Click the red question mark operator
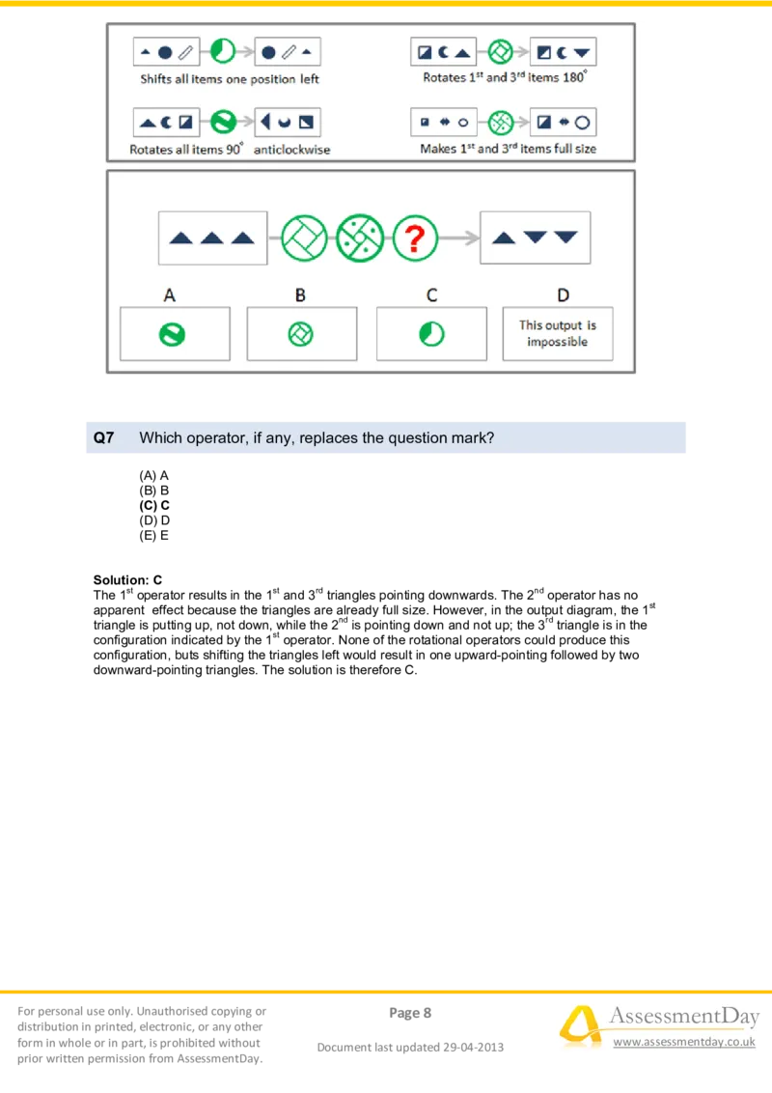pyautogui.click(x=415, y=238)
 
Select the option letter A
pyautogui.click(x=170, y=294)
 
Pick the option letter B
pyautogui.click(x=300, y=294)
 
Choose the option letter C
pyautogui.click(x=431, y=294)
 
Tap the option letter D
pyautogui.click(x=563, y=294)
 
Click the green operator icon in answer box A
pyautogui.click(x=172, y=334)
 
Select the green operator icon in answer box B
pyautogui.click(x=301, y=334)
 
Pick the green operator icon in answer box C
pyautogui.click(x=431, y=334)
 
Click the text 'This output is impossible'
pyautogui.click(x=558, y=334)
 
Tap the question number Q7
pyautogui.click(x=103, y=437)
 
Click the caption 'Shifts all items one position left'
pyautogui.click(x=230, y=79)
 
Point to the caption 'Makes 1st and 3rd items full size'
pyautogui.click(x=508, y=150)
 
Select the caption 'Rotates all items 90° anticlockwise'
pyautogui.click(x=230, y=150)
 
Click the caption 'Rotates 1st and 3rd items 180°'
pyautogui.click(x=504, y=78)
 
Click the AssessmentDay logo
pyautogui.click(x=656, y=1025)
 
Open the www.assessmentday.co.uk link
pyautogui.click(x=683, y=1043)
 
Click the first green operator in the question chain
pyautogui.click(x=305, y=238)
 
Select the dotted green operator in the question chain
pyautogui.click(x=360, y=238)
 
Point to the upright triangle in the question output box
pyautogui.click(x=504, y=238)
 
